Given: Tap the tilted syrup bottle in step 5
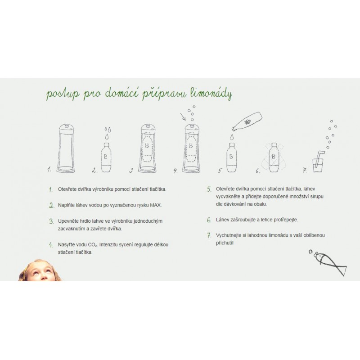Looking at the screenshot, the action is [247, 121].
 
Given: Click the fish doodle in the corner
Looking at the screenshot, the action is [329, 262].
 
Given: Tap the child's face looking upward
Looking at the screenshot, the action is [40, 271].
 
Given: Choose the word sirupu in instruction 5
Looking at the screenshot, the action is [317, 197].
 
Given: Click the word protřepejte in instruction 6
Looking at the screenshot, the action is [286, 220].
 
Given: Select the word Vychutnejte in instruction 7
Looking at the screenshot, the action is [229, 235].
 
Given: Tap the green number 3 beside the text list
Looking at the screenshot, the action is [51, 221].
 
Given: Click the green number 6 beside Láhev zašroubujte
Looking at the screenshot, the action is [209, 220].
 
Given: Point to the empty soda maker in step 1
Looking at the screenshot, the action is [66, 148].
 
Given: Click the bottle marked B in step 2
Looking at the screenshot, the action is [106, 157].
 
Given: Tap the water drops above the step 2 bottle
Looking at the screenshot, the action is [108, 133].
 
